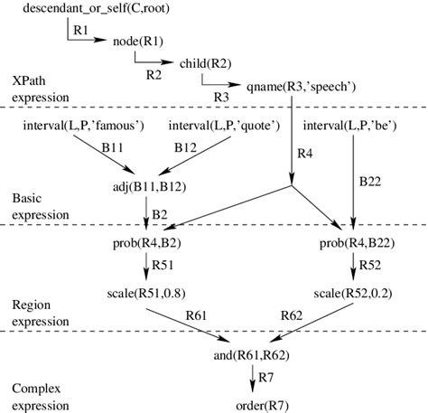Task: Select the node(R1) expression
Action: tap(137, 41)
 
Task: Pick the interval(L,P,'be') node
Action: tap(351, 123)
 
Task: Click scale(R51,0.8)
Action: tap(145, 293)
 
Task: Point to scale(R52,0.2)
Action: tap(353, 293)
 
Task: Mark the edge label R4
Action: tap(304, 153)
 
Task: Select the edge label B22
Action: tap(370, 181)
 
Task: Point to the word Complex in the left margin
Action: tap(32, 387)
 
